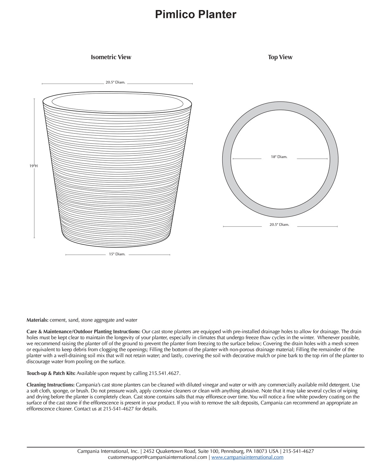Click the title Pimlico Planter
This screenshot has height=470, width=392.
pyautogui.click(x=196, y=14)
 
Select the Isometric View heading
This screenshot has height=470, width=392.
pyautogui.click(x=111, y=57)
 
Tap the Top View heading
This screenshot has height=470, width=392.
pyautogui.click(x=280, y=57)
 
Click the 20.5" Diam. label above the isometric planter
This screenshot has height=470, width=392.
pyautogui.click(x=115, y=82)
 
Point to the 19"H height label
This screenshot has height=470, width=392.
pyautogui.click(x=34, y=166)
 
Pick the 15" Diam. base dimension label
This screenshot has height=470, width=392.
pyautogui.click(x=117, y=254)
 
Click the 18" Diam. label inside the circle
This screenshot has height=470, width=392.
pyautogui.click(x=279, y=157)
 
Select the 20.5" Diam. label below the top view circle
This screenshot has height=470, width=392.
pyautogui.click(x=279, y=225)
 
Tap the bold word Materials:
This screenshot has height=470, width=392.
pyautogui.click(x=37, y=320)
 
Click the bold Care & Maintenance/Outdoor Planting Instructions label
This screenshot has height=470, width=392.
pyautogui.click(x=83, y=332)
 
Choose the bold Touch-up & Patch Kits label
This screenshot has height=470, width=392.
pyautogui.click(x=51, y=373)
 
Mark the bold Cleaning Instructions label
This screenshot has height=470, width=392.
pyautogui.click(x=50, y=385)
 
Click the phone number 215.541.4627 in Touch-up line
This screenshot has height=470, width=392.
pyautogui.click(x=164, y=373)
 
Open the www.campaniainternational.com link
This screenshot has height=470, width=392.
pyautogui.click(x=247, y=457)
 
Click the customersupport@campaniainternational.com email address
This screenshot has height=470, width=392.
pyautogui.click(x=157, y=457)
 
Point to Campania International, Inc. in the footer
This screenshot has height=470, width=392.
pyautogui.click(x=108, y=451)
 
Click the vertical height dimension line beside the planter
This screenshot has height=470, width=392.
pyautogui.click(x=34, y=204)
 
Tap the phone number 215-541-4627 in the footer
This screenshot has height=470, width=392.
pyautogui.click(x=298, y=451)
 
